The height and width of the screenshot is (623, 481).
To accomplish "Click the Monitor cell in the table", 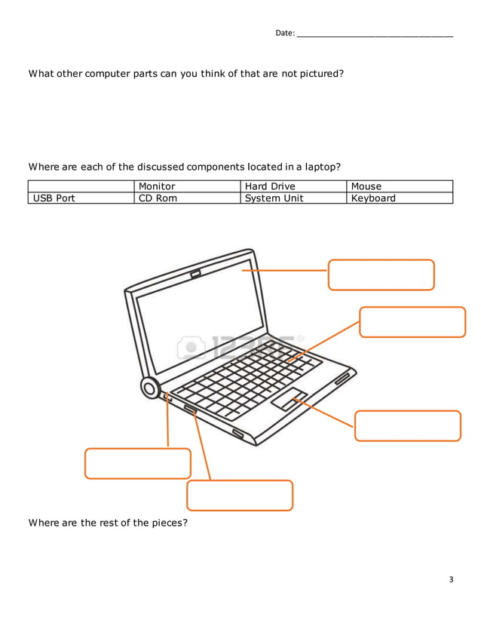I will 187,186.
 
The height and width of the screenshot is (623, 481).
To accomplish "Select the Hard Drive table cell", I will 293,186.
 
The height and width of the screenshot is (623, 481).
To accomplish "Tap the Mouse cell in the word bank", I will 400,186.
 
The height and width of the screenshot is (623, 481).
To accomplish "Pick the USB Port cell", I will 81,198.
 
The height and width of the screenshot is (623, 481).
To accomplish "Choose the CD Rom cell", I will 187,198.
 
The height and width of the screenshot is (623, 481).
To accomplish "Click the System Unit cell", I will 293,198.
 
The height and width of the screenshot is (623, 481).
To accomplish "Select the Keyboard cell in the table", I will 400,198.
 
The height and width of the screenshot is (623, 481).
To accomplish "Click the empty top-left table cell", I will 81,186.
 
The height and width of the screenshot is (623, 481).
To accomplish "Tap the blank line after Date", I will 375,33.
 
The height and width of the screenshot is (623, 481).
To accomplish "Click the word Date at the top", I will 284,33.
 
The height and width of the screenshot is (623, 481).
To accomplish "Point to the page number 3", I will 451,579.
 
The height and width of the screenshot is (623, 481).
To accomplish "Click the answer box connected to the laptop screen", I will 381,275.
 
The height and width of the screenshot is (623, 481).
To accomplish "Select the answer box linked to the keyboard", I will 412,322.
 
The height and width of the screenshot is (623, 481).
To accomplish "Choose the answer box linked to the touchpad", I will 407,425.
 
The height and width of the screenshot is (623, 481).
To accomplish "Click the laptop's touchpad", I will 289,400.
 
